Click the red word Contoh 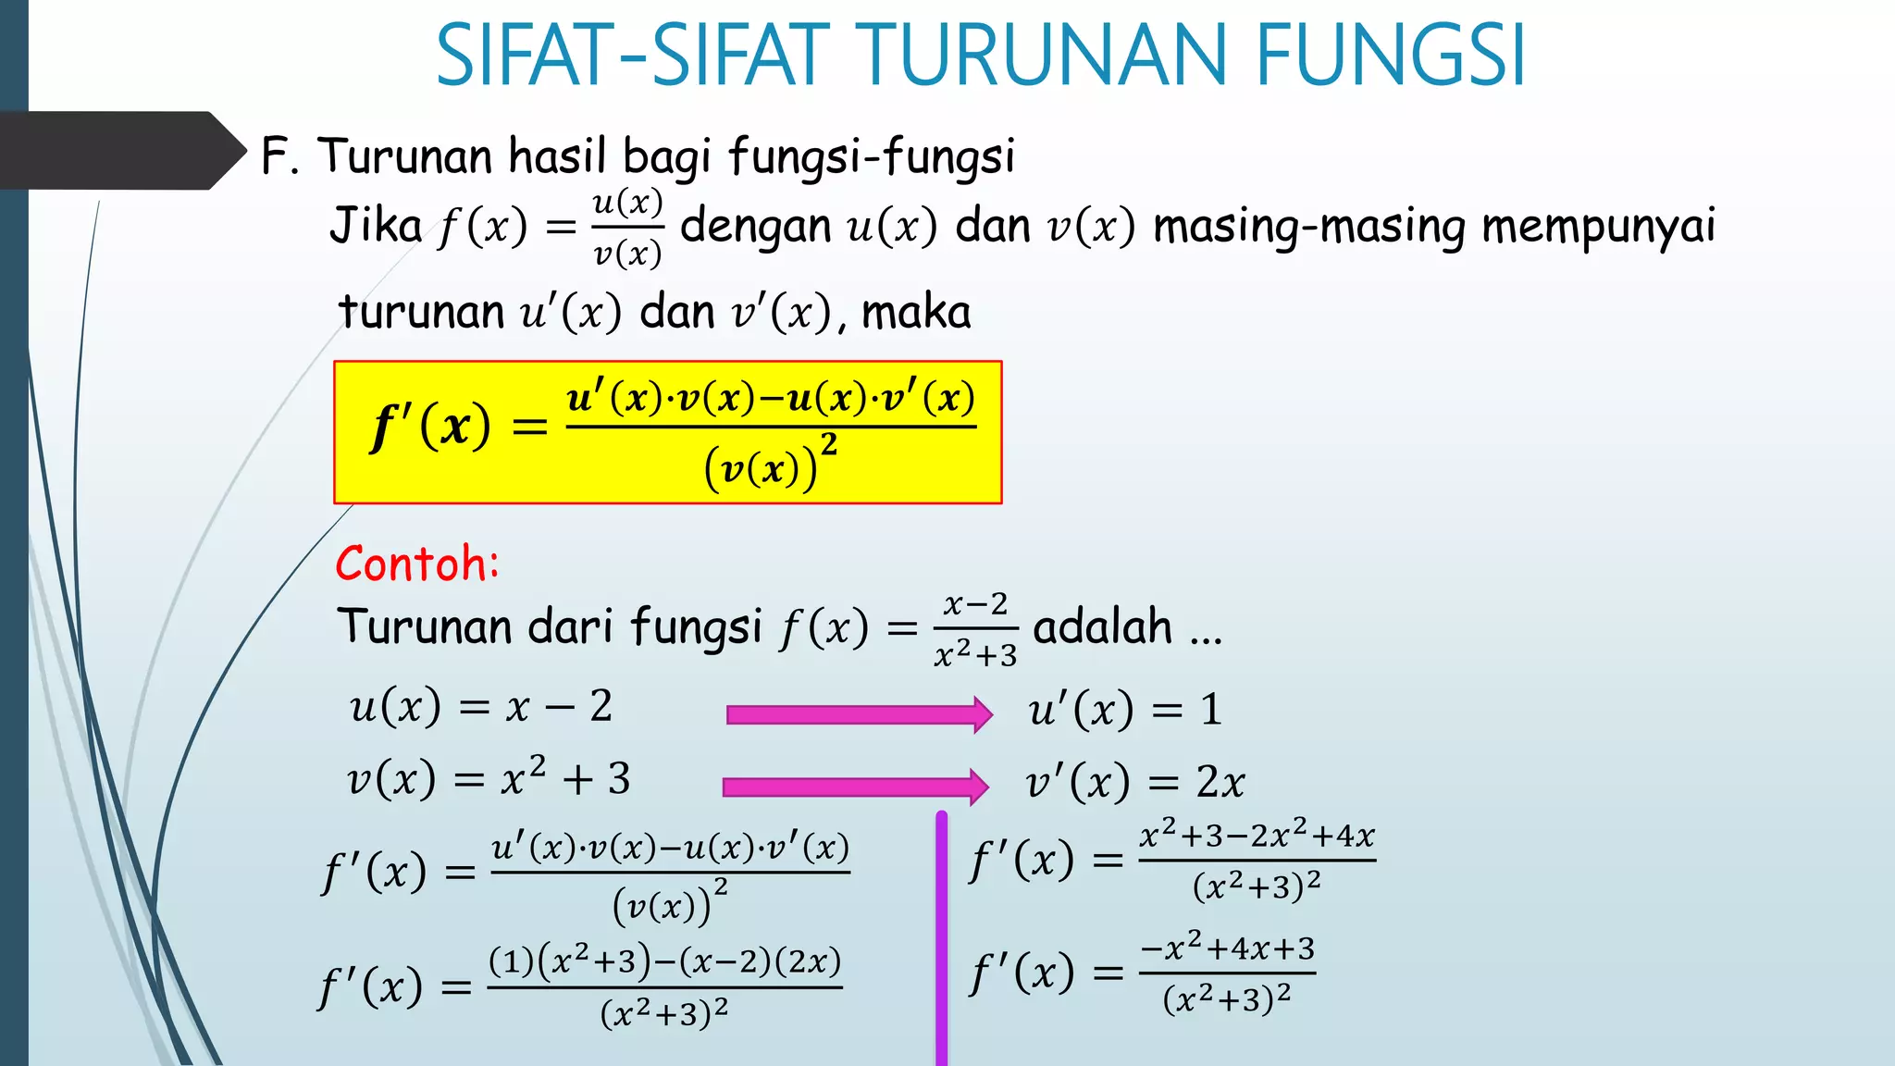coord(416,564)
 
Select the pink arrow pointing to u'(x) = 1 coord(859,714)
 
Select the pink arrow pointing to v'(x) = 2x coord(855,787)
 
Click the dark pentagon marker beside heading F coord(120,151)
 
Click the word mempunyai coord(1598,227)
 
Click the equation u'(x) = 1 coord(1125,711)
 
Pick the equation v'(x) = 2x coord(1134,783)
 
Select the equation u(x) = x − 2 coord(480,708)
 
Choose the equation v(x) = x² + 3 coord(489,778)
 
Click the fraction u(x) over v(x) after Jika coord(627,228)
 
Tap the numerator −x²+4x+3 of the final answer coord(1227,948)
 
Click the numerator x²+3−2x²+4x coord(1257,836)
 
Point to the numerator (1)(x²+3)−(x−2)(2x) coord(664,962)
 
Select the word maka coord(916,313)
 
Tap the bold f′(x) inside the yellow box coord(430,428)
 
